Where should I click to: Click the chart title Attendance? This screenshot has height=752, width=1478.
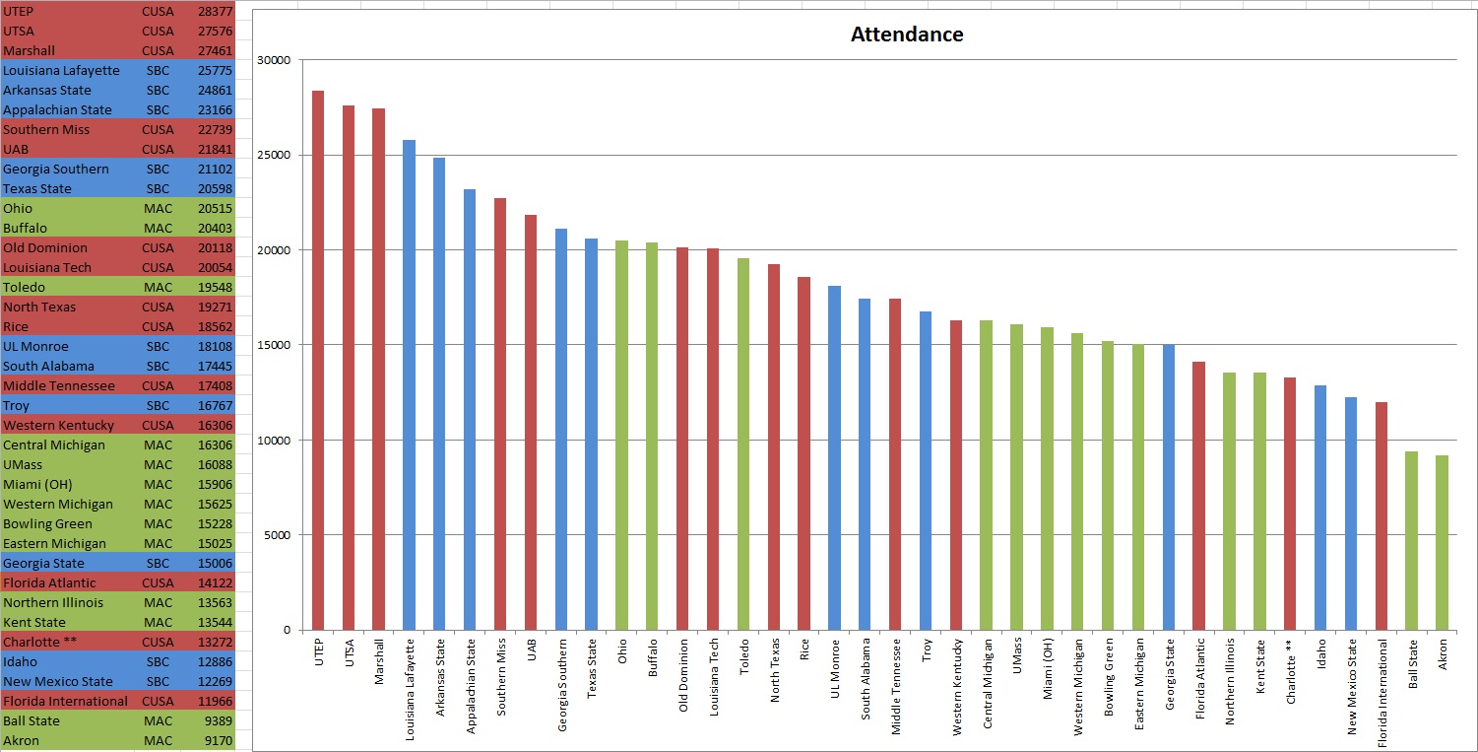click(x=906, y=35)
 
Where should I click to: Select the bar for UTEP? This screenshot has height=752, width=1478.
click(x=318, y=360)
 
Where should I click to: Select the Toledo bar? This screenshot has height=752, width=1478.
click(x=743, y=444)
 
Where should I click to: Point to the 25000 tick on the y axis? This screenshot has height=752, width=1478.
click(x=273, y=156)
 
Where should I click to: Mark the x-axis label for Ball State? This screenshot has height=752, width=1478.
click(x=1412, y=667)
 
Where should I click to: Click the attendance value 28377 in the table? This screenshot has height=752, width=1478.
click(x=215, y=12)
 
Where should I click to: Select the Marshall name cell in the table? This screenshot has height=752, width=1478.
click(x=30, y=51)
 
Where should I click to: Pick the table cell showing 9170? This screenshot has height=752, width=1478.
click(x=215, y=741)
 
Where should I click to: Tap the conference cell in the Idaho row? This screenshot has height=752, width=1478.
click(x=157, y=662)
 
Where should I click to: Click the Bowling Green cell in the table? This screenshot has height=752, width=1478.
click(x=47, y=524)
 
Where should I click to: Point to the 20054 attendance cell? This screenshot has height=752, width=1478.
click(x=215, y=268)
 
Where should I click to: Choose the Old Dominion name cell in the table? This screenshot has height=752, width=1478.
click(x=45, y=248)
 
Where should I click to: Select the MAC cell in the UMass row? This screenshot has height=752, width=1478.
click(x=157, y=465)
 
